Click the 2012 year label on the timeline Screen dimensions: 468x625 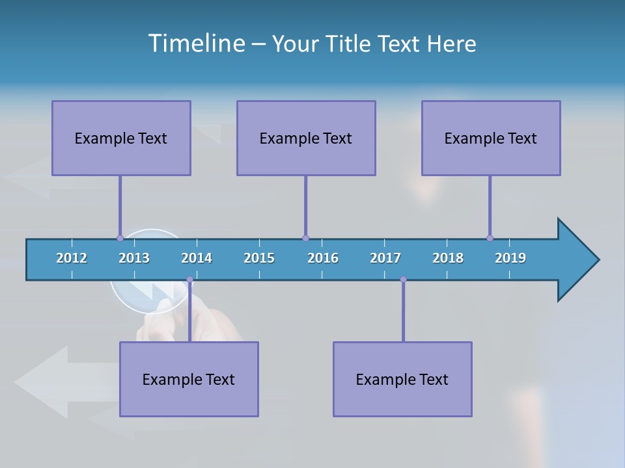click(x=72, y=258)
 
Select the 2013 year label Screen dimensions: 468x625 click(x=134, y=258)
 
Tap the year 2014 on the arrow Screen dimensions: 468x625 click(x=197, y=258)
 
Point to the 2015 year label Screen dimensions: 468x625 click(x=259, y=258)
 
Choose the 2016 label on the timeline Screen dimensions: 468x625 click(x=323, y=258)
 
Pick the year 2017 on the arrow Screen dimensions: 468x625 click(x=385, y=258)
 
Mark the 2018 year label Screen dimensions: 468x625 click(x=448, y=258)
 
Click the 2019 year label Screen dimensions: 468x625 click(x=510, y=258)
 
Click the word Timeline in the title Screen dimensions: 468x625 click(x=196, y=44)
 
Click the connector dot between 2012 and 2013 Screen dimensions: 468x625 click(x=120, y=238)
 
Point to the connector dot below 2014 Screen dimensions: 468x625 click(x=189, y=279)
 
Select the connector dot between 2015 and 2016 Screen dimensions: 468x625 click(x=305, y=238)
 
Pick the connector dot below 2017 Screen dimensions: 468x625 click(x=403, y=279)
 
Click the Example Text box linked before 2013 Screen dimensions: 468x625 click(x=121, y=138)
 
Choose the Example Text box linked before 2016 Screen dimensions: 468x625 click(x=306, y=138)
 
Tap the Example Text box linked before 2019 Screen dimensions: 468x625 click(x=491, y=138)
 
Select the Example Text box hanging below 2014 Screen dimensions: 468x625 click(x=189, y=379)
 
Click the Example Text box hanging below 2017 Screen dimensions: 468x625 click(x=402, y=379)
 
